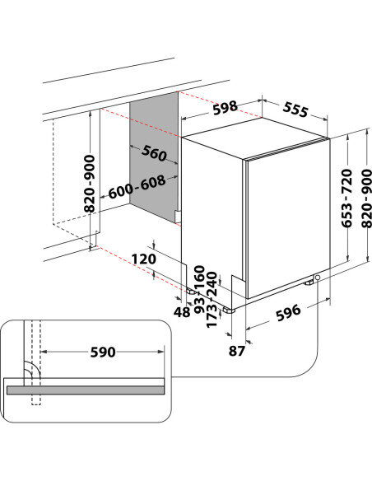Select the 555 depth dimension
(301, 107)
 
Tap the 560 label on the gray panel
(154, 153)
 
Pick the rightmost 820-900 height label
(365, 198)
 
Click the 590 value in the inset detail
(102, 352)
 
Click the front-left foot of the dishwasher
(230, 310)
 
